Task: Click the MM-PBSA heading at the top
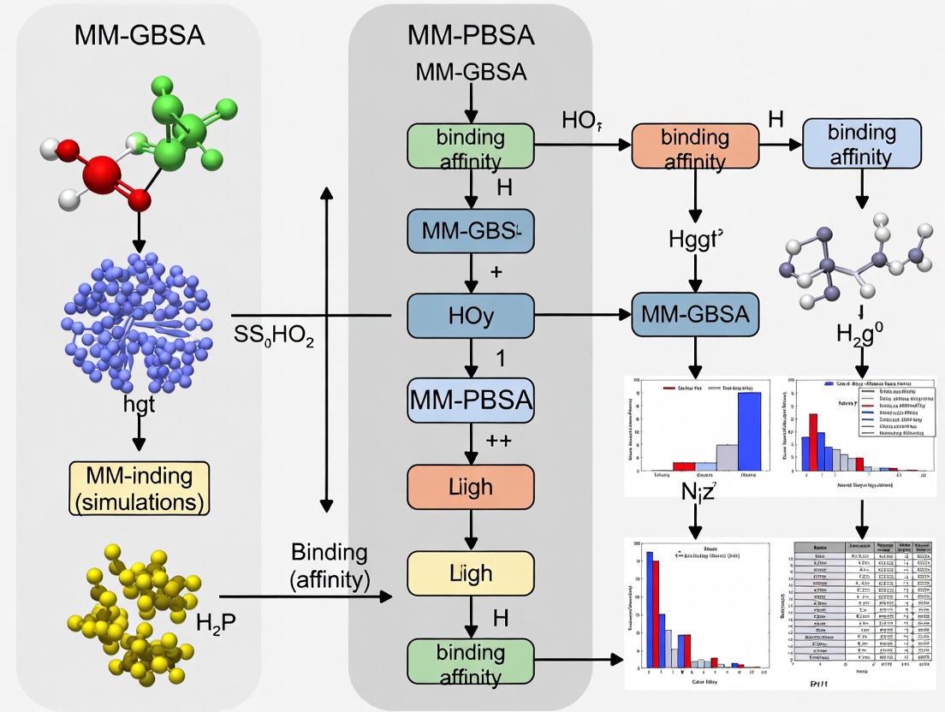point(470,35)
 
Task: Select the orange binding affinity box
point(694,147)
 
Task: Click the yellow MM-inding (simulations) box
point(139,489)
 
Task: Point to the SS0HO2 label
point(274,337)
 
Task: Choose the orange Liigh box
point(470,487)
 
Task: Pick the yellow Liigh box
point(470,573)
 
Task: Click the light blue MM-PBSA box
point(470,400)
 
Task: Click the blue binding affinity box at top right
point(861,143)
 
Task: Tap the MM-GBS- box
point(470,231)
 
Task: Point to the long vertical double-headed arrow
point(326,347)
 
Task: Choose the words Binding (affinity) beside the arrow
point(330,566)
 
